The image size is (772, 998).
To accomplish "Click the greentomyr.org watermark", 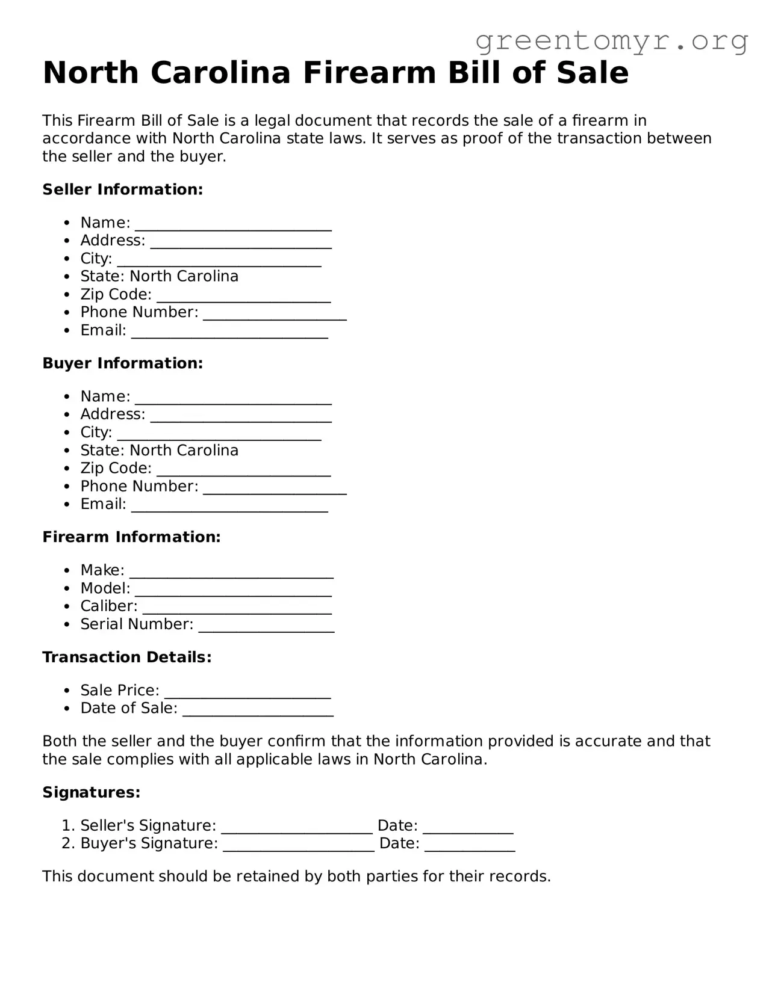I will (611, 41).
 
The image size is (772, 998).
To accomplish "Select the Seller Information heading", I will (122, 189).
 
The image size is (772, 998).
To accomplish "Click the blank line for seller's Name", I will (233, 225).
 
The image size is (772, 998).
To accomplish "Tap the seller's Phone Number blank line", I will (275, 315).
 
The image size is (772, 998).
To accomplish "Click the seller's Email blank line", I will (229, 333).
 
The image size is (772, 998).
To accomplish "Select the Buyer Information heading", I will (122, 363).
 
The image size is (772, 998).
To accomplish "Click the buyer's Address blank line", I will (241, 416).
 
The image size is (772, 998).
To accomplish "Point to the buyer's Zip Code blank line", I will (243, 470).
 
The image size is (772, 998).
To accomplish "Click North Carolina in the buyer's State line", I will (184, 451).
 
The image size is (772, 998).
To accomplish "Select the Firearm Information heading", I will (131, 537).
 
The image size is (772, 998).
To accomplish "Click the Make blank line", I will (231, 572).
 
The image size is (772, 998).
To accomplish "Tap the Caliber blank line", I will (237, 608).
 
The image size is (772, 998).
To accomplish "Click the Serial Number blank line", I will (266, 626).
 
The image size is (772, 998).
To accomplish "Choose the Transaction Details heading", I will (126, 658).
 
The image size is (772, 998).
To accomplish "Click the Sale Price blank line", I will (247, 692).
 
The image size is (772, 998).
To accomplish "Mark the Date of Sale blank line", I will (258, 710).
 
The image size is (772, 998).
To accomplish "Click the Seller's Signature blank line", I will (297, 828).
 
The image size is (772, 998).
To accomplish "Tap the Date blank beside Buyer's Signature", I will (470, 846).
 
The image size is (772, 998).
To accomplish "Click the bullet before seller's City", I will (67, 259).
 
